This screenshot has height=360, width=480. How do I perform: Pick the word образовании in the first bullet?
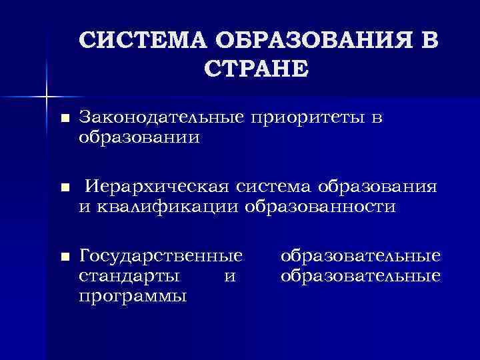[139, 137]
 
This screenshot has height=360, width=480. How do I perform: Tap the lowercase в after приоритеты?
[377, 119]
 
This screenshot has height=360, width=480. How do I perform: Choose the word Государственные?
[160, 256]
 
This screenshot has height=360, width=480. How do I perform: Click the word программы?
[132, 295]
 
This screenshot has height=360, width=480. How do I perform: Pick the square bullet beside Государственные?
[65, 257]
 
